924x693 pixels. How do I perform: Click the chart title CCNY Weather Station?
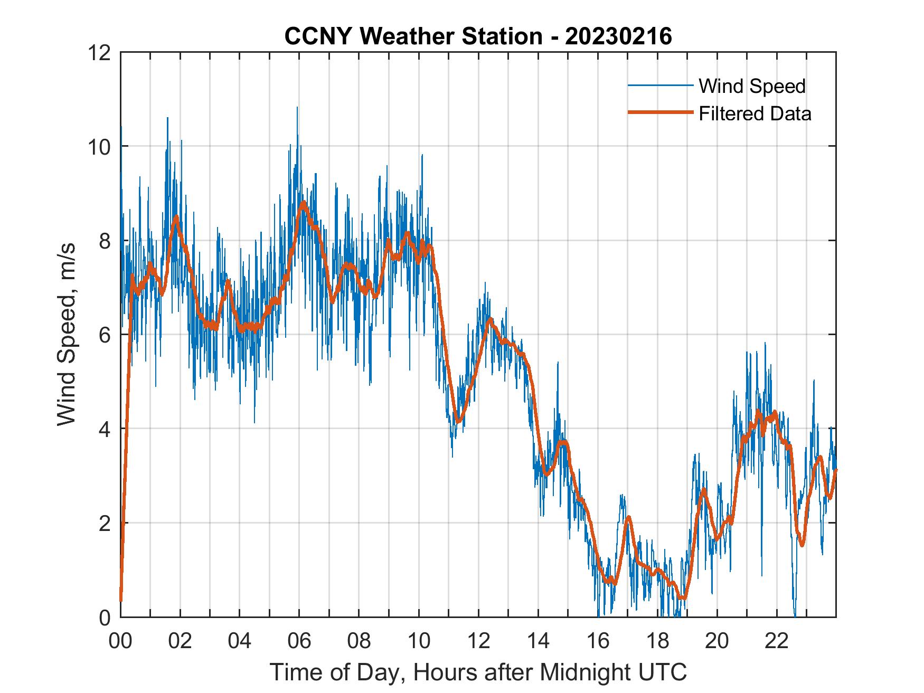point(413,36)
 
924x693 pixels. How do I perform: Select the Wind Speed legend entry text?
point(752,86)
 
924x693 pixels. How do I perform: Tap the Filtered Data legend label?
point(755,113)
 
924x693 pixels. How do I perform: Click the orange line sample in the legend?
point(660,113)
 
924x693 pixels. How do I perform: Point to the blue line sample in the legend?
point(660,86)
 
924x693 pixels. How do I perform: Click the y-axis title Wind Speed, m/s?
point(66,334)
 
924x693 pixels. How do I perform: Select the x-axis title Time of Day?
point(478,672)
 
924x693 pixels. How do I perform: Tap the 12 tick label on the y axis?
point(100,52)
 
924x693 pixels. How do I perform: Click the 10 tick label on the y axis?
point(100,146)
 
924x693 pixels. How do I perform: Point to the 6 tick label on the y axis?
point(105,335)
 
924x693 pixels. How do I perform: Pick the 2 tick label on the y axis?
point(105,523)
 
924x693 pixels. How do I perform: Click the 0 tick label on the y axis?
point(105,617)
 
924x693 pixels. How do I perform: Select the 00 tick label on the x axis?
point(120,641)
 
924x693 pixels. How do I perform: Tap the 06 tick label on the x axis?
point(299,641)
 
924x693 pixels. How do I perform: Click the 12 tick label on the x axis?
point(478,641)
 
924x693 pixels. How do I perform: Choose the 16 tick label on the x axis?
point(598,641)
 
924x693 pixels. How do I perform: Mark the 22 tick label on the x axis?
point(777,641)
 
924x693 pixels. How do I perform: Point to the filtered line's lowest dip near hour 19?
point(684,598)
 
